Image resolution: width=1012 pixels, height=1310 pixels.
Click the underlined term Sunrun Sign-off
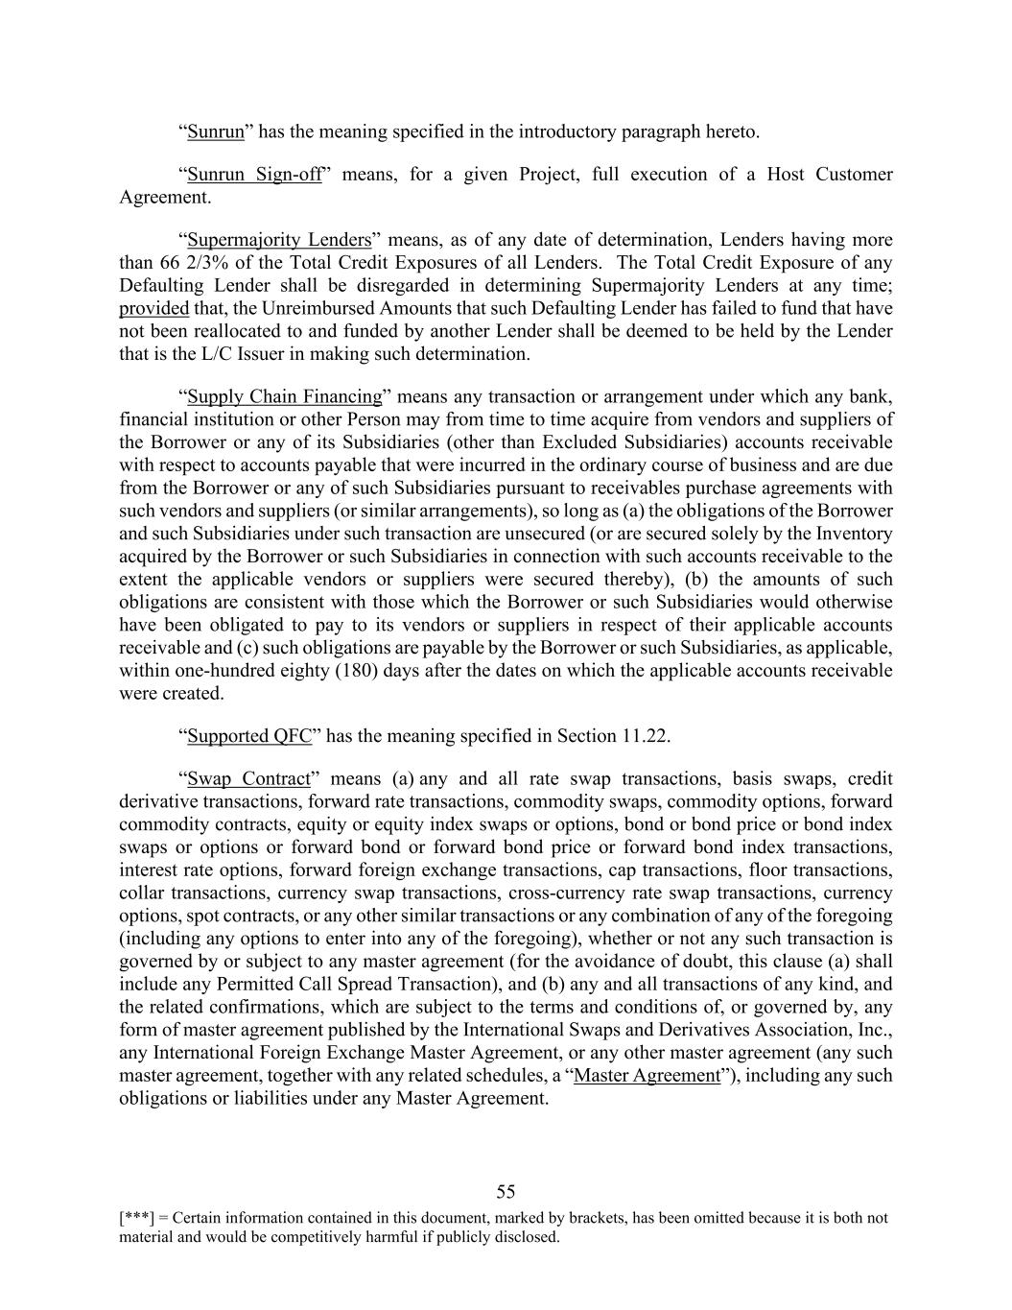click(254, 175)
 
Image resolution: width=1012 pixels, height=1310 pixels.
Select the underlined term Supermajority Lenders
click(279, 240)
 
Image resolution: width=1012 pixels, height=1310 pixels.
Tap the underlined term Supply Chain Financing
click(285, 397)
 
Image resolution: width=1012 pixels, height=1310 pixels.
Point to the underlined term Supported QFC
click(249, 736)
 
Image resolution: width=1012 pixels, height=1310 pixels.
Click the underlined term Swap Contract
click(249, 779)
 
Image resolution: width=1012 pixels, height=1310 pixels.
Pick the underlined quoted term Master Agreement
click(646, 1076)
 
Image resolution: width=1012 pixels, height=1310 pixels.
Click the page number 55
click(506, 1192)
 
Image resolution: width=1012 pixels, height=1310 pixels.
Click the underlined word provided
click(153, 309)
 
